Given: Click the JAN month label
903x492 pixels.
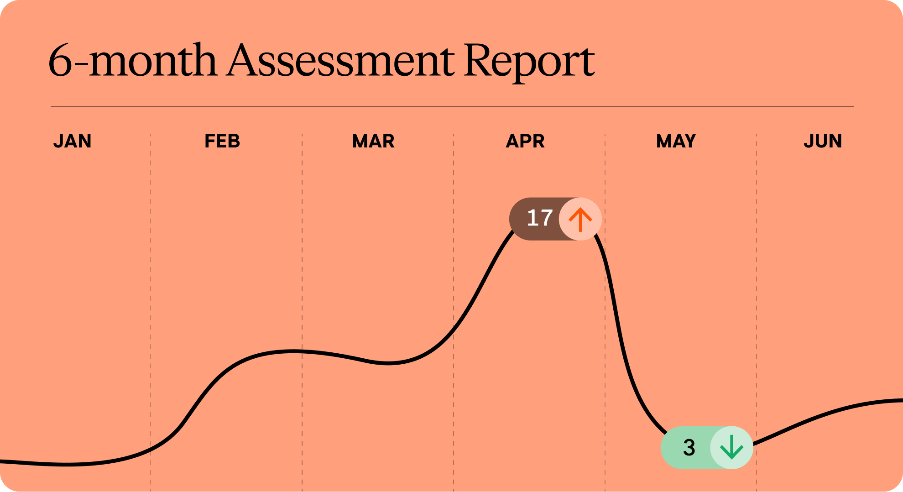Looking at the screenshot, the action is click(73, 141).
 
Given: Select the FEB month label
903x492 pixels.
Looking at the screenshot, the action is click(222, 141).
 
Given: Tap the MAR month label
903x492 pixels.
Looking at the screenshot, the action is click(373, 141).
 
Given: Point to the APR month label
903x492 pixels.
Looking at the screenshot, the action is click(525, 141).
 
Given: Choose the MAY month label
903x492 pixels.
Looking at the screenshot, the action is click(676, 141).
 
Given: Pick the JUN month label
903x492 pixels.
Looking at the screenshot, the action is click(823, 141).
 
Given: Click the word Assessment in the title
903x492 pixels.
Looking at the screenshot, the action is click(341, 60).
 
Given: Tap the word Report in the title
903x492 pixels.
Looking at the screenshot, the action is click(529, 63).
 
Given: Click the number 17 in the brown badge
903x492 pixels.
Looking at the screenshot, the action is click(540, 218).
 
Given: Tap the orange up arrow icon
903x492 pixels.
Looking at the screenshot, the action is click(580, 220).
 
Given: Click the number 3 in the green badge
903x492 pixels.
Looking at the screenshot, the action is click(689, 447).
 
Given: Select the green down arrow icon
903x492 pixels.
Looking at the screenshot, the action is click(731, 447).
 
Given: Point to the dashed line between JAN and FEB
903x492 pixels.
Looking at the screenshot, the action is click(151, 313).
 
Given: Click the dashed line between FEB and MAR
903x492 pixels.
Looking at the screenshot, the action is click(302, 313).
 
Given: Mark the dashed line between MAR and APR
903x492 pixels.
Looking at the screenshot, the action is click(454, 313).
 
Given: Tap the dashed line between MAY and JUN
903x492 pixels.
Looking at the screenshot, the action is click(757, 313).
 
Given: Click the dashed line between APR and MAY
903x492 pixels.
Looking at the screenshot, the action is click(605, 313).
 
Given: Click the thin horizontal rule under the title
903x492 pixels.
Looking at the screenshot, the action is click(452, 106).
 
